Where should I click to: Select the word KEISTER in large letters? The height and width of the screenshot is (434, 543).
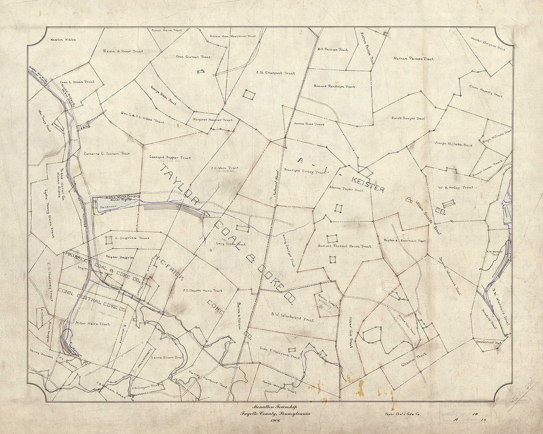(368, 183)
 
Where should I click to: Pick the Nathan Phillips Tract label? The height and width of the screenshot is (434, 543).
(413, 59)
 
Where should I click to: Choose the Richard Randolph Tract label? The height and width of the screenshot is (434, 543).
(334, 86)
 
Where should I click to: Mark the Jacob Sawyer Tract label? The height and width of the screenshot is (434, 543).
(408, 119)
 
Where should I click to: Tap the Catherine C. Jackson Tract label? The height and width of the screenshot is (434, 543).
(106, 153)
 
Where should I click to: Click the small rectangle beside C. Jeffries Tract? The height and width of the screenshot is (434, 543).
(109, 240)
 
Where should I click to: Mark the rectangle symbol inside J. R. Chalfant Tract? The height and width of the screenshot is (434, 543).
(249, 95)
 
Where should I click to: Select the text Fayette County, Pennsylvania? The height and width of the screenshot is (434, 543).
(273, 413)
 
